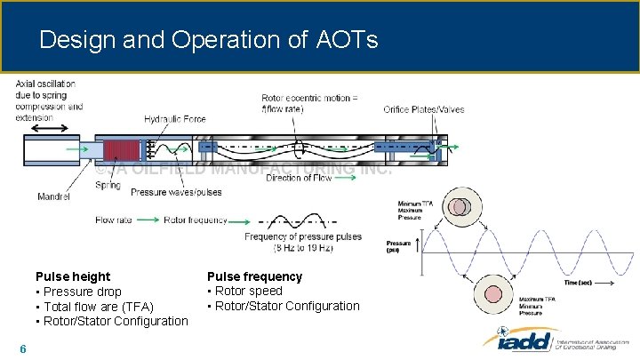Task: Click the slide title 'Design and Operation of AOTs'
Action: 209,40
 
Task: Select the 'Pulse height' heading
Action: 73,276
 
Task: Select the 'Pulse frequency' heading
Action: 254,276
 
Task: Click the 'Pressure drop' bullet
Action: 78,292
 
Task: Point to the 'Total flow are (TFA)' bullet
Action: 94,307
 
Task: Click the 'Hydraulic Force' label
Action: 174,119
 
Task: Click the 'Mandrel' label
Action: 54,196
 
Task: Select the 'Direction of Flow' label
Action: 299,178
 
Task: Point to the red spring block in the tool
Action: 124,151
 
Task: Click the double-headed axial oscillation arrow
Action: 48,129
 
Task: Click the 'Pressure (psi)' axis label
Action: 397,246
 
